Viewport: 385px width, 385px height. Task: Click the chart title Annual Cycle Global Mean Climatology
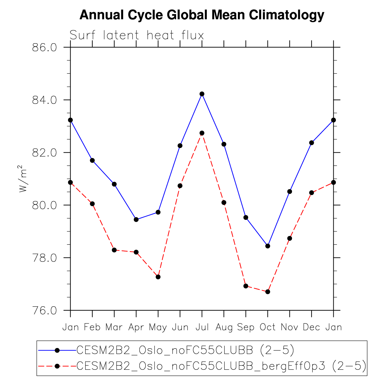[202, 15]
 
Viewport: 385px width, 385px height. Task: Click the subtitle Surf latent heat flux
[137, 35]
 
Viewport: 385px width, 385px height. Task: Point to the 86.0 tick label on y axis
[44, 48]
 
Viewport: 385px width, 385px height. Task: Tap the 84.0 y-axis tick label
[44, 100]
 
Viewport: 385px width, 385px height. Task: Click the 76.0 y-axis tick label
[44, 310]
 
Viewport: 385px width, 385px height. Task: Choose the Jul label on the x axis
[202, 327]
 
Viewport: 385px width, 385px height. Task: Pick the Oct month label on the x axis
[267, 327]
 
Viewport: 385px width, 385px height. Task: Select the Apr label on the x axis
[136, 327]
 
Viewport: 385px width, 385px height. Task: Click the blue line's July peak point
[202, 94]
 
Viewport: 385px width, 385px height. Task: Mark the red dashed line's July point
[202, 133]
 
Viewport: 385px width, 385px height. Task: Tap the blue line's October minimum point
[268, 246]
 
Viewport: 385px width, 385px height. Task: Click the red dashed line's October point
[268, 292]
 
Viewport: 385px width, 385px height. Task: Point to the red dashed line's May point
[158, 277]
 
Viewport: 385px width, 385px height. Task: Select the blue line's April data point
[136, 220]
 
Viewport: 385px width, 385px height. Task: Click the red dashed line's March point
[114, 250]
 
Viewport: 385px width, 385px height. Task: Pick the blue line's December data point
[312, 143]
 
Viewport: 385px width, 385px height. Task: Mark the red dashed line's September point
[246, 286]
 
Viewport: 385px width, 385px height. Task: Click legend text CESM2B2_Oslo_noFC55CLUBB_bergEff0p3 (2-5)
[221, 366]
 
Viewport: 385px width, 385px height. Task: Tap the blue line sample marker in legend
[57, 350]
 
